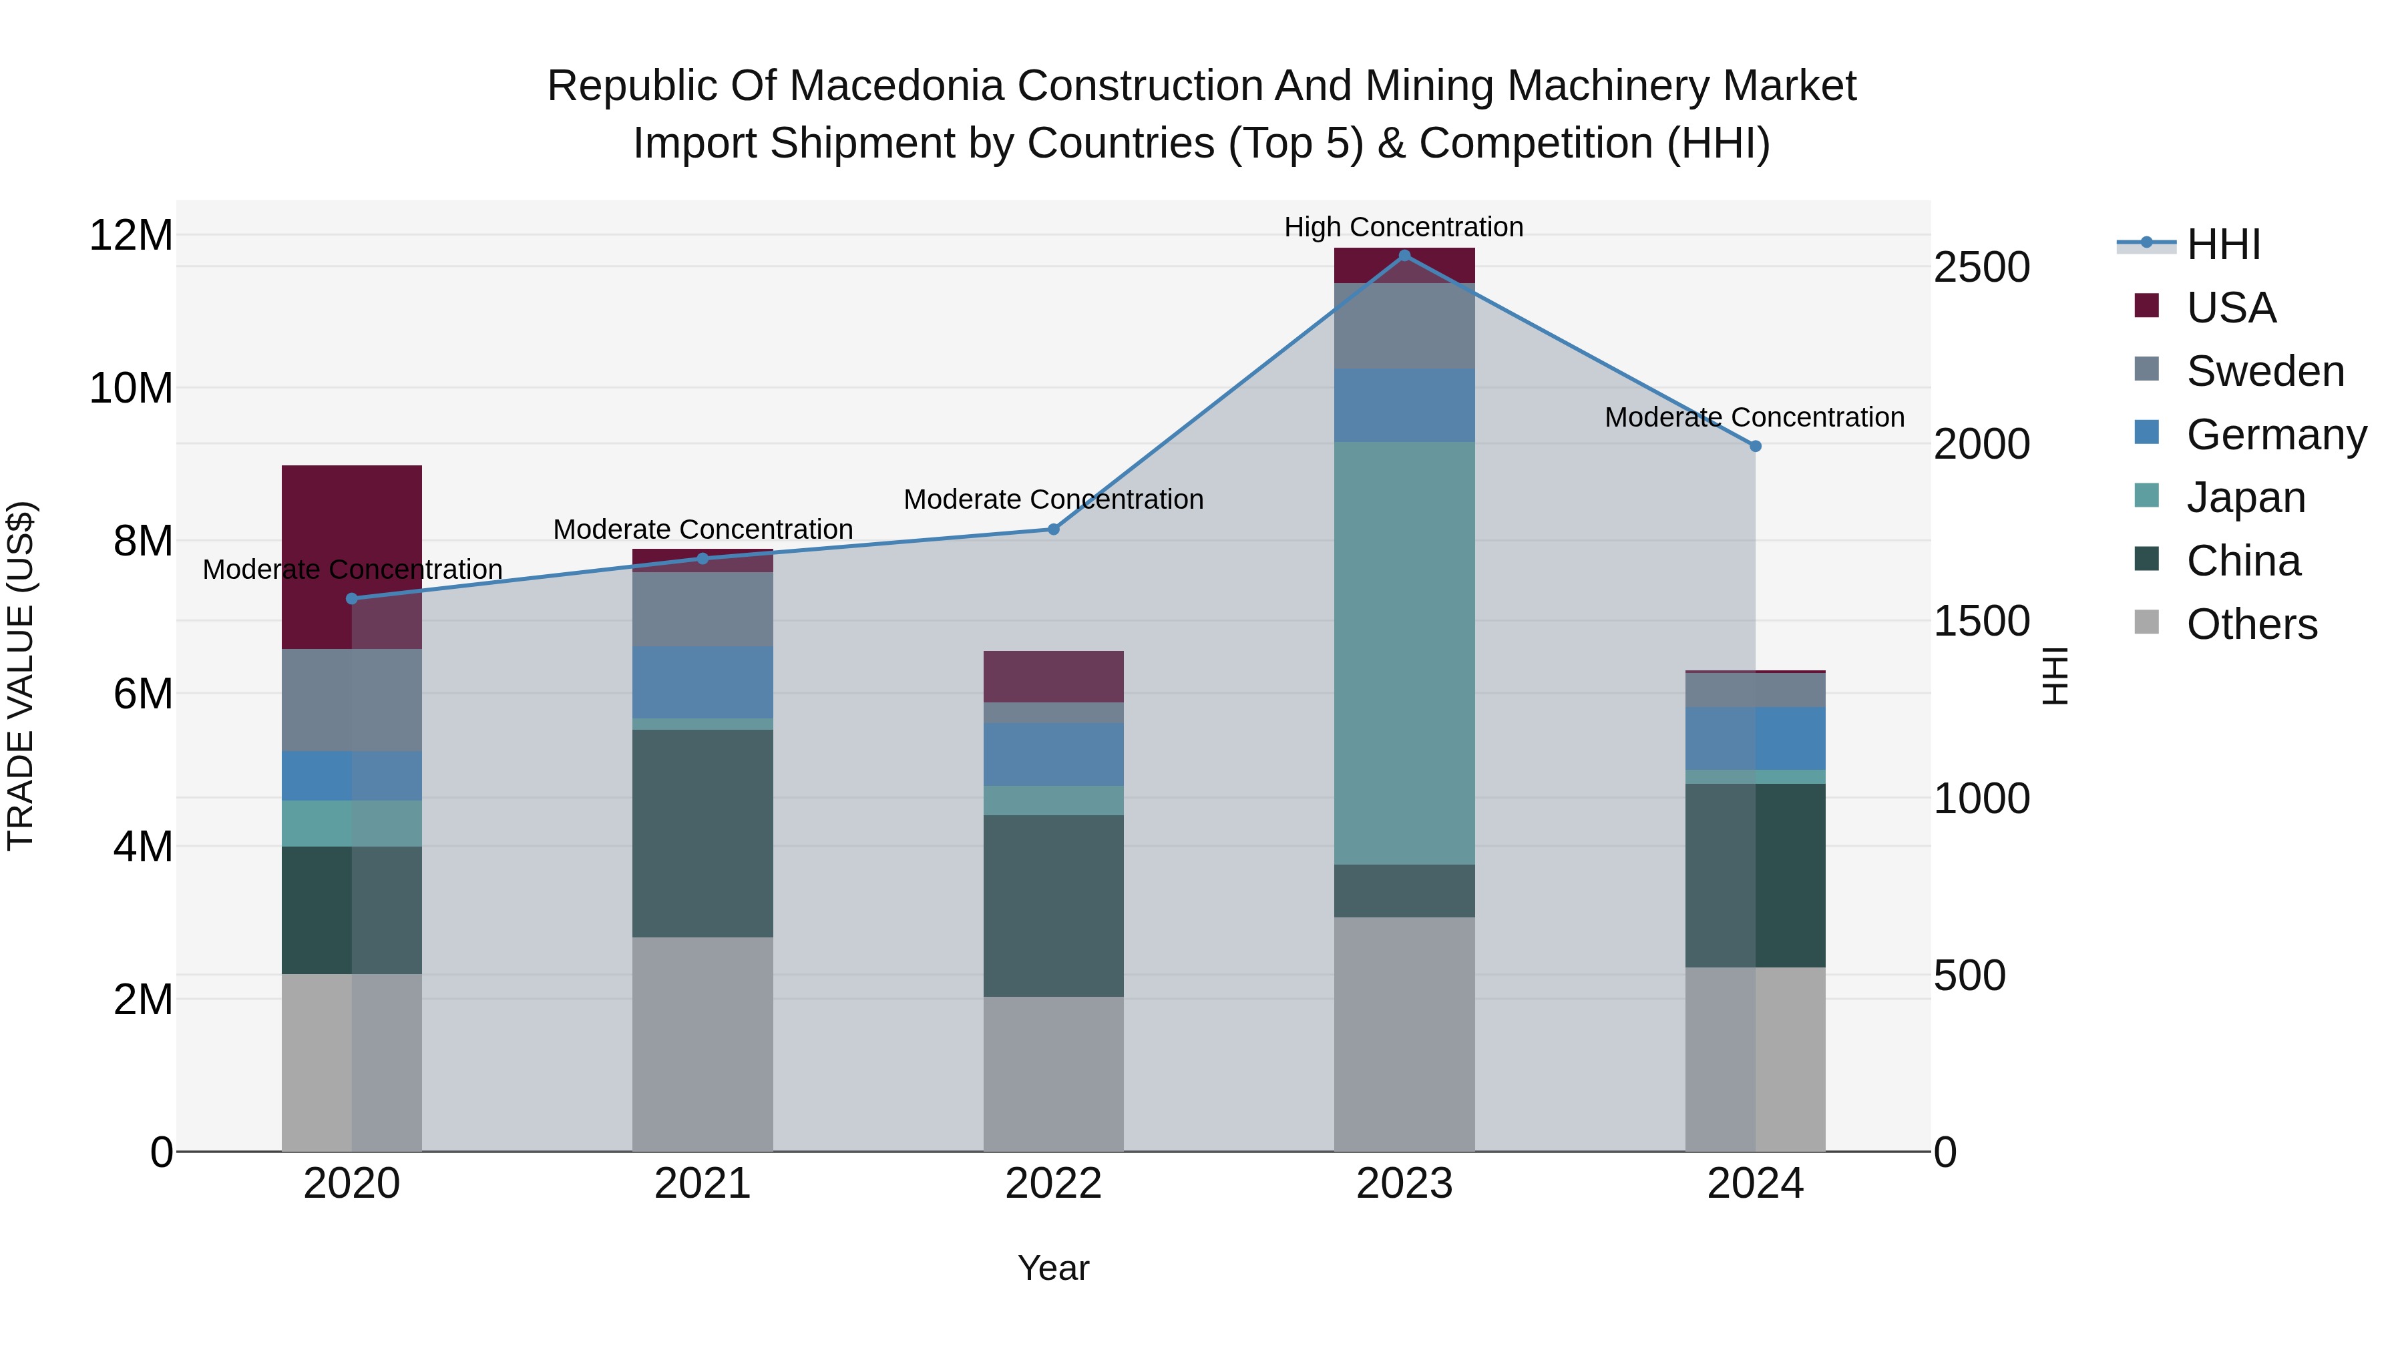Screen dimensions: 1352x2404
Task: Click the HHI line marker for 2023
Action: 1404,256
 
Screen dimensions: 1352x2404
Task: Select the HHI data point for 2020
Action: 352,599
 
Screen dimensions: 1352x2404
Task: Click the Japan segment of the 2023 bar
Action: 1404,653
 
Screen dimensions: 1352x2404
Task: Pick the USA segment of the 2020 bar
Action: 352,557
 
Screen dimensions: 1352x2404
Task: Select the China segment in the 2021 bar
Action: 703,833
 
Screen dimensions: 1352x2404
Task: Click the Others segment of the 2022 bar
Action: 1054,1073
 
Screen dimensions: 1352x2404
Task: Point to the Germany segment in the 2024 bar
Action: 1756,738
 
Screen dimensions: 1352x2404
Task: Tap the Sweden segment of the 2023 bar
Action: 1404,326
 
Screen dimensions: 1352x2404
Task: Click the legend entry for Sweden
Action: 2265,371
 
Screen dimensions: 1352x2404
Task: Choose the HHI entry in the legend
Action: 2223,244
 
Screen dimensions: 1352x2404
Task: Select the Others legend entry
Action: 2251,624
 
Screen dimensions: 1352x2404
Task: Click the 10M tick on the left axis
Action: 131,388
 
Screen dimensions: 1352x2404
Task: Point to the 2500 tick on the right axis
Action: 1981,268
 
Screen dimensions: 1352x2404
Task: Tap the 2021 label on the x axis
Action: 703,1184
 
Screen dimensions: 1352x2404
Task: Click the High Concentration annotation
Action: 1404,227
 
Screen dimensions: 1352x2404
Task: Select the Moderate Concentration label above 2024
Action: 1754,417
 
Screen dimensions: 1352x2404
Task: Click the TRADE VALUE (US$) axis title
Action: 21,676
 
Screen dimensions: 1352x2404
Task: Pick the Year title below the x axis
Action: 1054,1268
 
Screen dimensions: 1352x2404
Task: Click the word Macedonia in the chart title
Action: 897,86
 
